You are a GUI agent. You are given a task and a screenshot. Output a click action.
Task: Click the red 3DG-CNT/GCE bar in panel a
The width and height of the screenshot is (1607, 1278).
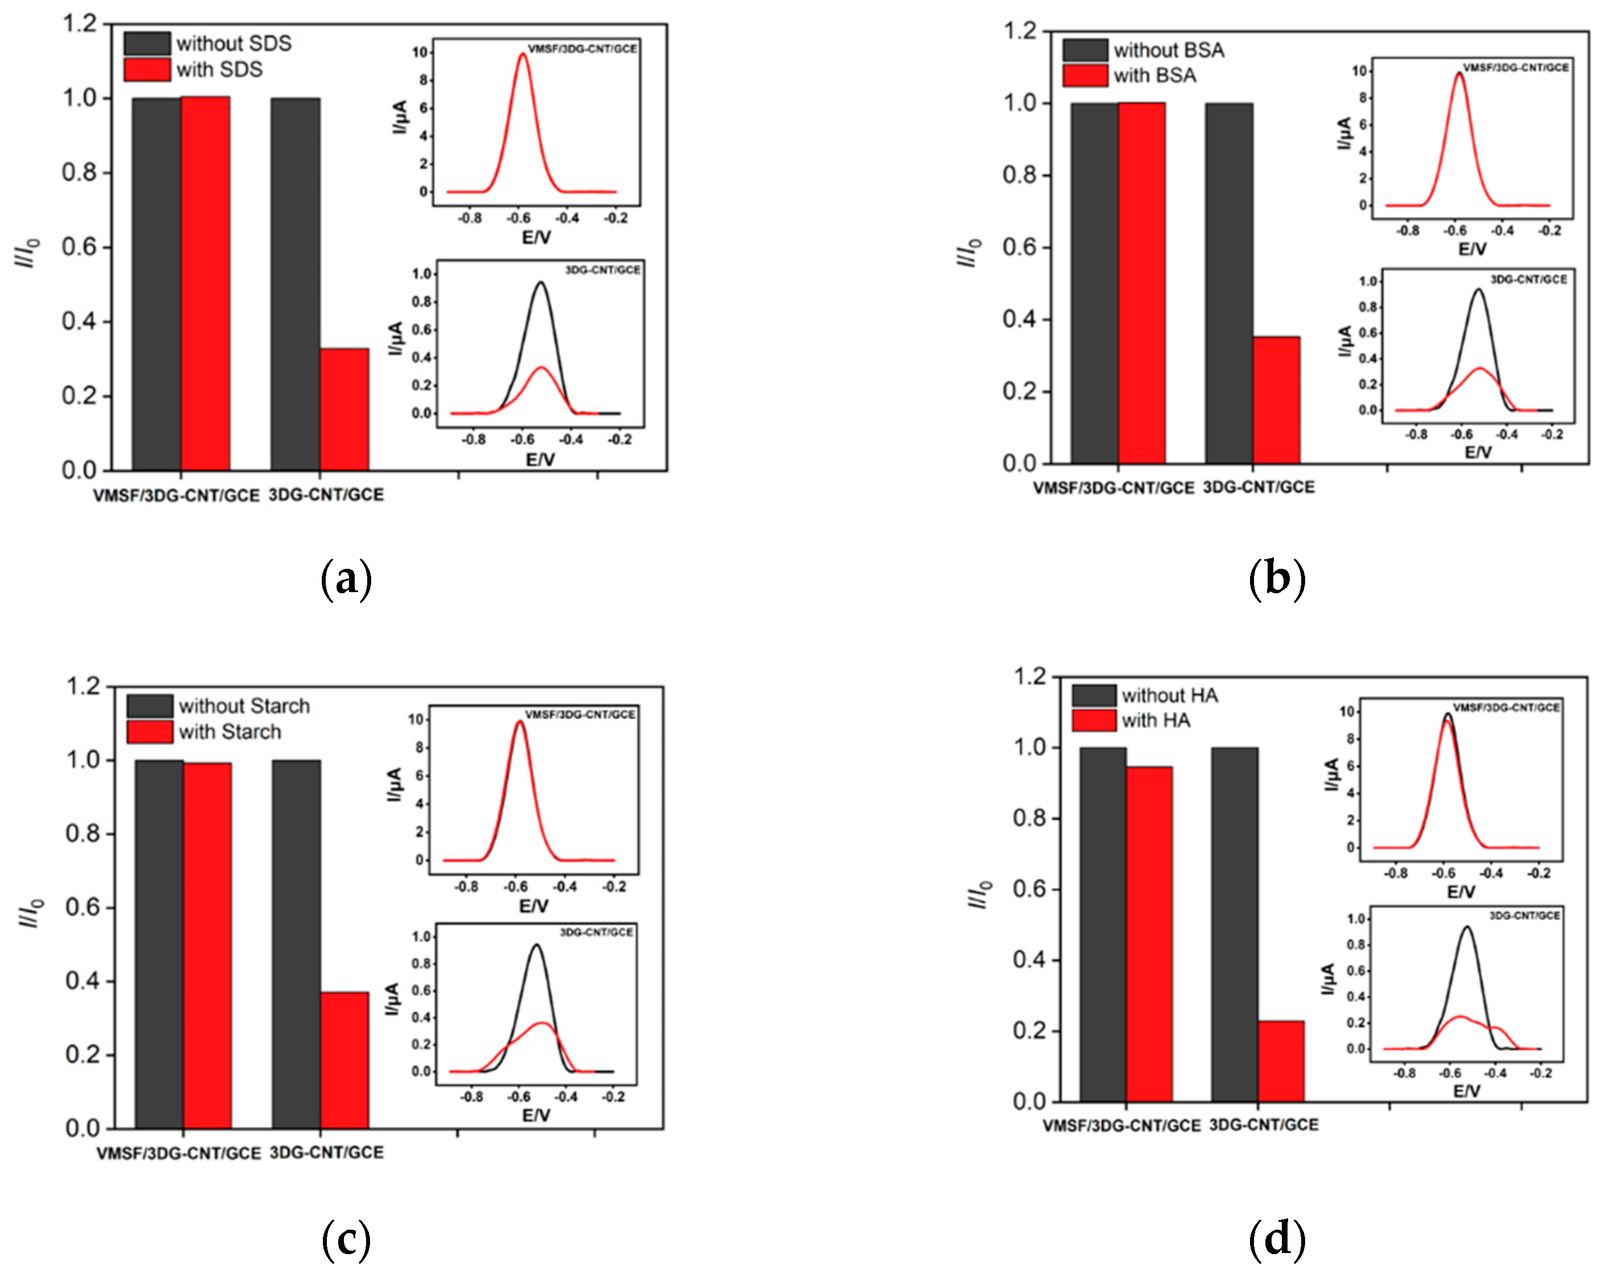tap(344, 409)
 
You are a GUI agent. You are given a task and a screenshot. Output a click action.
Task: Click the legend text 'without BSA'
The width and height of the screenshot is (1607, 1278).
tap(1169, 51)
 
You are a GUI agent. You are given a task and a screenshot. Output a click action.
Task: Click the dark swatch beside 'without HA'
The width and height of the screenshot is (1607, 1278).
tap(1094, 696)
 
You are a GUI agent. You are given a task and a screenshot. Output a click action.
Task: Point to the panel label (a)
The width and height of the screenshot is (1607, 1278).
tap(346, 580)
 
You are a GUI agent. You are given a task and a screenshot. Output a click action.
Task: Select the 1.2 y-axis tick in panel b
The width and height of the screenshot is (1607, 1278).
tap(1020, 31)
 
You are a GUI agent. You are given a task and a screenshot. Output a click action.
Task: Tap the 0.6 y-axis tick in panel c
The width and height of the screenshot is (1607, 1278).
tap(84, 907)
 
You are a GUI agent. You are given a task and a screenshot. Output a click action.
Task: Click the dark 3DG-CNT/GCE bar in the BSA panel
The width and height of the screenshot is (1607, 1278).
tap(1228, 283)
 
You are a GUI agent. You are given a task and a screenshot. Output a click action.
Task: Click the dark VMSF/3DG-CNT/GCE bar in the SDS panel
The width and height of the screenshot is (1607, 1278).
tap(156, 283)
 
